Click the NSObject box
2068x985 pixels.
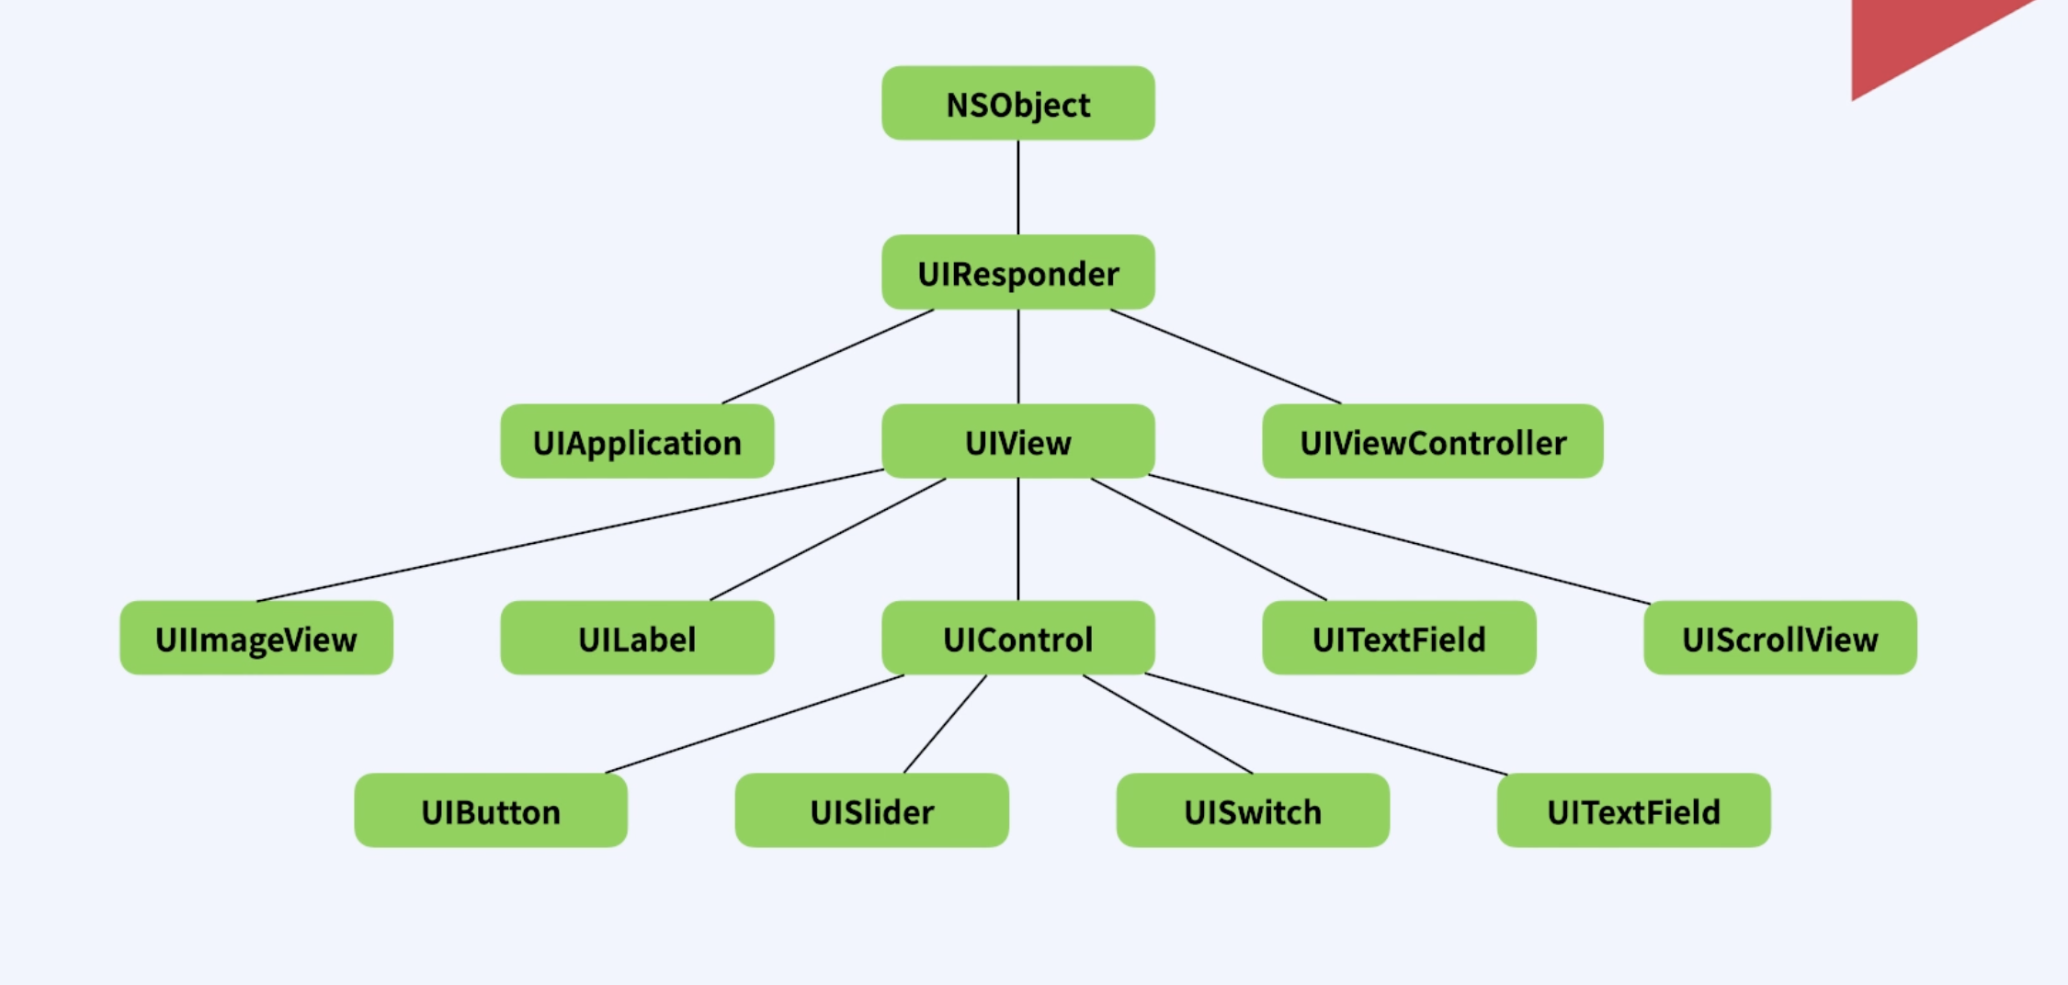tap(1017, 104)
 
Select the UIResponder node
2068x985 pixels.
tap(1017, 273)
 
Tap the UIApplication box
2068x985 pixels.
tap(637, 442)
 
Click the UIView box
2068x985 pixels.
tap(1017, 442)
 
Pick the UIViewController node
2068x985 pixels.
tap(1432, 442)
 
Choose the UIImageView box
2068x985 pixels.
tap(256, 639)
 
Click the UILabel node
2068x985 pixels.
tap(637, 639)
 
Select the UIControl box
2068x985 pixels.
tap(1017, 639)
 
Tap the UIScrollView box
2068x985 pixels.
tap(1779, 639)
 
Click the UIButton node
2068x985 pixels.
tap(491, 811)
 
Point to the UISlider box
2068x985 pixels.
tap(871, 811)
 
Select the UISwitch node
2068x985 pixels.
tap(1252, 811)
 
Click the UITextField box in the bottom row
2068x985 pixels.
tap(1633, 811)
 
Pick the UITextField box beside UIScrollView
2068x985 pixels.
tap(1398, 639)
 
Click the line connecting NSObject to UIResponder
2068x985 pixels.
tap(1017, 187)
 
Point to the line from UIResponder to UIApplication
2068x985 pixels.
tap(827, 357)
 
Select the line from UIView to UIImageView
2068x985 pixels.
tap(570, 536)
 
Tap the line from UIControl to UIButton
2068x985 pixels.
tap(754, 724)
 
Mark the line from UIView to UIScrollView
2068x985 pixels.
tap(1399, 539)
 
